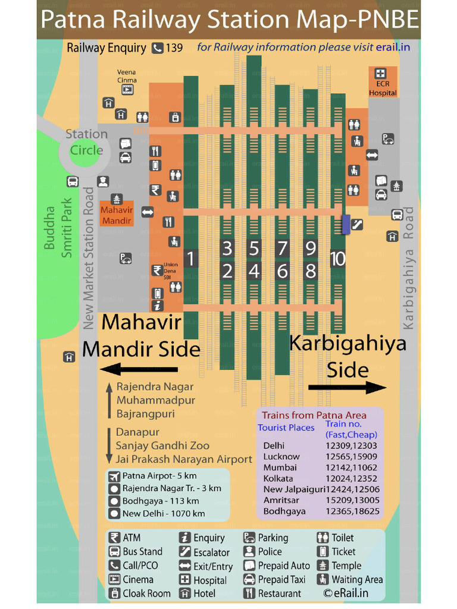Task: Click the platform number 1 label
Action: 190,259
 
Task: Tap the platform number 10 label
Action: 338,259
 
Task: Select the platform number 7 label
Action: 282,248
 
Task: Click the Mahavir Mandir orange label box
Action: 117,215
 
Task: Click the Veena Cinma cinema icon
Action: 127,90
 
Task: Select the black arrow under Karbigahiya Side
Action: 347,388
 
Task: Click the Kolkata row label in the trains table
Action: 278,478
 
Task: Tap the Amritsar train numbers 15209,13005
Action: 352,500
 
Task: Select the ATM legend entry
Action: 132,538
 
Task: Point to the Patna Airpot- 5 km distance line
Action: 159,476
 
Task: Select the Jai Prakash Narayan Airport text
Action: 184,459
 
